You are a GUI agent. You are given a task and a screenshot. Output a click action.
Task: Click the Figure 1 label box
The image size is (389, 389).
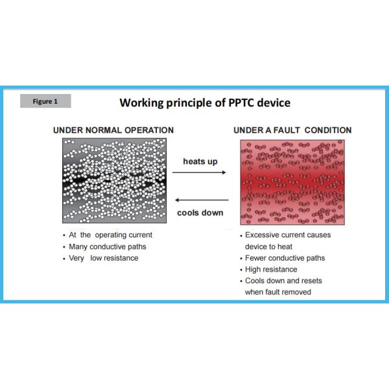(45, 101)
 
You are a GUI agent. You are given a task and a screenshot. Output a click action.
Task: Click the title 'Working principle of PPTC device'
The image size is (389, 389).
(205, 103)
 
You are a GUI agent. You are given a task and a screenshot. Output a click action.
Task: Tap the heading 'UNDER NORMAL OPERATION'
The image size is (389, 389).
(113, 130)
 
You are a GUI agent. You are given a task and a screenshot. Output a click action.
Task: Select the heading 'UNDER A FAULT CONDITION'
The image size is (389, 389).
(292, 130)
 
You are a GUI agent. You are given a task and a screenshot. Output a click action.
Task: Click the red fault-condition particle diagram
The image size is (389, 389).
(292, 182)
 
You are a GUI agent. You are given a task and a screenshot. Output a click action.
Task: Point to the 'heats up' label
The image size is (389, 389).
(200, 161)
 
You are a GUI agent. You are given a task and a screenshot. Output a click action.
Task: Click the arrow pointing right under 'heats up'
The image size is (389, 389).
(201, 172)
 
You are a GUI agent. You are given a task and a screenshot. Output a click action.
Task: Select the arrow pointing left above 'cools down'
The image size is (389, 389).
(202, 200)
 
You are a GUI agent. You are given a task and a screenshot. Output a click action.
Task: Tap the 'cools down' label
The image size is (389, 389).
(200, 213)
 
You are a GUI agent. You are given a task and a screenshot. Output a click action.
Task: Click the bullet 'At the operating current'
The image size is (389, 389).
(110, 235)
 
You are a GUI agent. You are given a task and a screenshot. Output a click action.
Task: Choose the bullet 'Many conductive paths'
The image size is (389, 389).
(108, 246)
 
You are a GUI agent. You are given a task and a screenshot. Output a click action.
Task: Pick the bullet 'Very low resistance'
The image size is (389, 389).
(104, 258)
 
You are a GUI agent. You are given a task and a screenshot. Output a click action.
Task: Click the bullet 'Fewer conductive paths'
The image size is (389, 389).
(285, 258)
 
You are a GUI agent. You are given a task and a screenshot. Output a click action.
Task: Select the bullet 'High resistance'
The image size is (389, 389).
(271, 269)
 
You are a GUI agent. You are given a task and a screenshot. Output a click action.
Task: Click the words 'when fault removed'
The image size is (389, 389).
(278, 292)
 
